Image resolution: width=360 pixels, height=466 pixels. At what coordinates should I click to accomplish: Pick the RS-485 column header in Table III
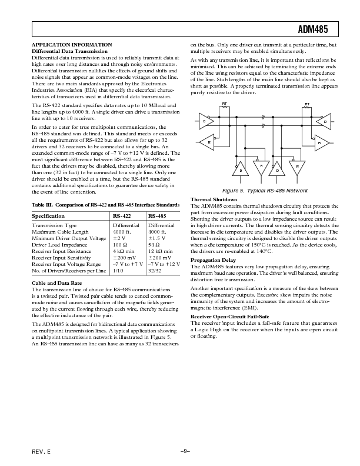pyautogui.click(x=158, y=216)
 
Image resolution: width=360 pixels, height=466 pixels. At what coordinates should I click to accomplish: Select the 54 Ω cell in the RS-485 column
pyautogui.click(x=155, y=244)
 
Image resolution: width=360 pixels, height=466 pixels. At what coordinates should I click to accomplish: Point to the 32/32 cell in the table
pyautogui.click(x=155, y=269)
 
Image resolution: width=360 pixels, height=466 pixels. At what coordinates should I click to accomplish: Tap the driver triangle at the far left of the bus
pyautogui.click(x=205, y=121)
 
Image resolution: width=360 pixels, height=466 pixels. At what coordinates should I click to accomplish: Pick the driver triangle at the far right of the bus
pyautogui.click(x=324, y=122)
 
